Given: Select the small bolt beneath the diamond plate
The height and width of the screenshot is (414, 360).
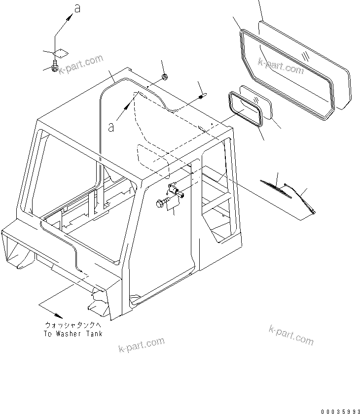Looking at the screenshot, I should click(55, 65).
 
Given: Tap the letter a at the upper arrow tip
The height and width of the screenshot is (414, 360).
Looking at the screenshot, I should click(76, 8).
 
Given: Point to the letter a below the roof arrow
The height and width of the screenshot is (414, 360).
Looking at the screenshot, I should click(111, 127).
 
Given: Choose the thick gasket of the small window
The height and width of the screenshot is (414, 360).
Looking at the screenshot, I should click(245, 109).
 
